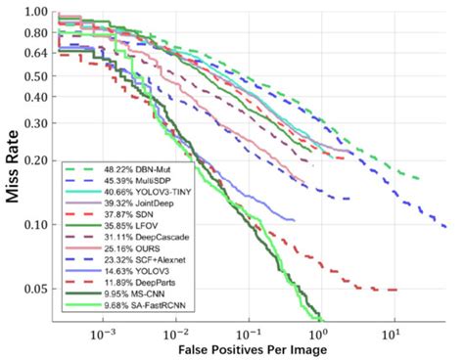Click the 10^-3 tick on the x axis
103,334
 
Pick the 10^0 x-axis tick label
321,334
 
